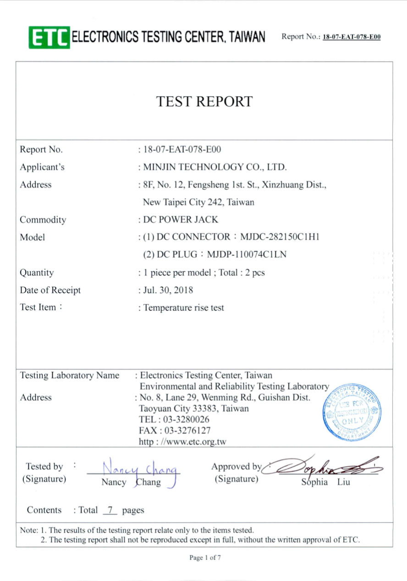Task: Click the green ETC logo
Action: click(49, 37)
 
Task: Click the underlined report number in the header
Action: click(352, 37)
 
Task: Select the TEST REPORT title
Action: click(204, 101)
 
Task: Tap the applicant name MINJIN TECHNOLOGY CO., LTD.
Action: click(215, 167)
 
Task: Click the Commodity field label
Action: click(43, 220)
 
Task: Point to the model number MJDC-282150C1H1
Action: click(280, 237)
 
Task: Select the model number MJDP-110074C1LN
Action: click(247, 255)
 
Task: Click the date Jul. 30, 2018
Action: click(168, 290)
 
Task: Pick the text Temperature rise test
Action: click(184, 307)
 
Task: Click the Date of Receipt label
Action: click(50, 290)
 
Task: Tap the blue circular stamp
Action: click(352, 410)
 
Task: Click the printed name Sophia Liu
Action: click(325, 482)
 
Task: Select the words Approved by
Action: click(236, 467)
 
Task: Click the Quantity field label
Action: click(37, 273)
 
